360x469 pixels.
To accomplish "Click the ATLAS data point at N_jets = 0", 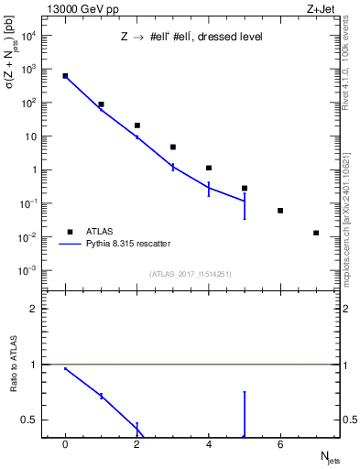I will point(65,76).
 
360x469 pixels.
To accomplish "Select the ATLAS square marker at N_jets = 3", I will point(173,147).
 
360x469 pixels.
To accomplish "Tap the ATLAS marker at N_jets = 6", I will point(280,211).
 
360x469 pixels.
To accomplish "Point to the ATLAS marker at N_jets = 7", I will point(316,233).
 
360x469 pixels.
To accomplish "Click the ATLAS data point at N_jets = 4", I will point(209,168).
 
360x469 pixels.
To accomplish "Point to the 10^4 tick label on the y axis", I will point(28,36).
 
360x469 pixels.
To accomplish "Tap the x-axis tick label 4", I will point(209,445).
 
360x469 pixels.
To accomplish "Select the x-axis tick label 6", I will point(280,445).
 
